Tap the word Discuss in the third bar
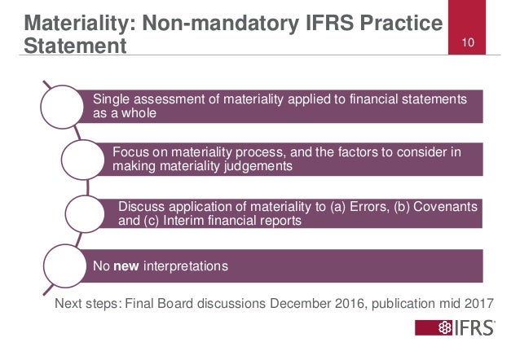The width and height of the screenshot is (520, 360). click(x=141, y=204)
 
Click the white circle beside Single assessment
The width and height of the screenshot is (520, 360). click(x=65, y=107)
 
